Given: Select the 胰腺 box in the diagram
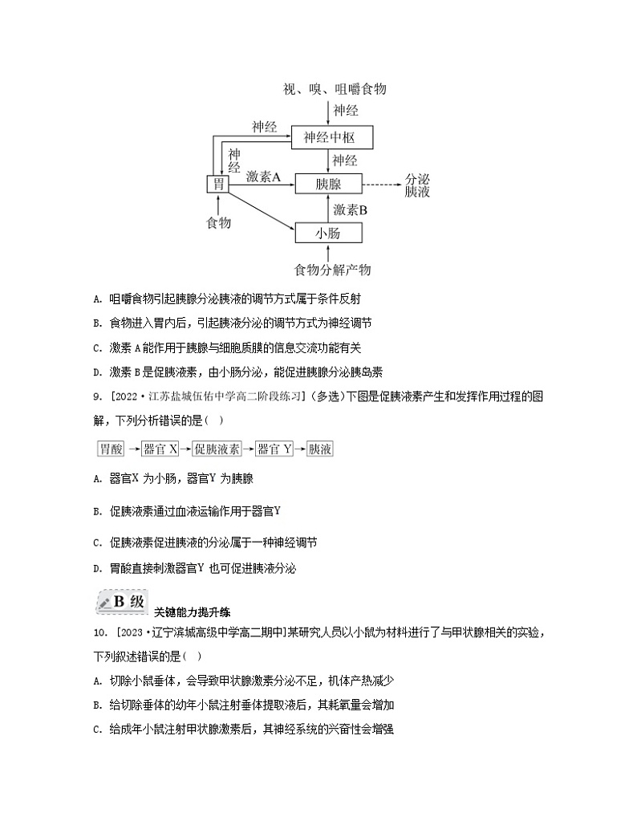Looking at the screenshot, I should pos(328,184).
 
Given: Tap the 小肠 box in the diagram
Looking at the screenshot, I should pos(328,234).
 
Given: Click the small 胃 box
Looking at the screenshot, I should pos(217,184).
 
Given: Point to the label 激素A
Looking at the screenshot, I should pos(263,177).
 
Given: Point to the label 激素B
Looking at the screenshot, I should pos(351,209).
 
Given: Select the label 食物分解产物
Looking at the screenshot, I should pos(332,269).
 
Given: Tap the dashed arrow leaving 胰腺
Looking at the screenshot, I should pos(382,184).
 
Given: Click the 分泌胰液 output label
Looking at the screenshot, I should pos(417,185).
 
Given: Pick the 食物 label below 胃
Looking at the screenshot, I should pos(218,223).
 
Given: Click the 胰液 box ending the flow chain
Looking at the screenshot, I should pos(320,449).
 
